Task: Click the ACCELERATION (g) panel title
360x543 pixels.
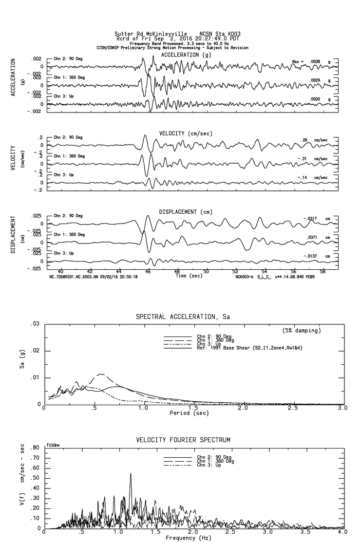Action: (187, 55)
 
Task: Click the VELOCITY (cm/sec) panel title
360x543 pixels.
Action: (186, 133)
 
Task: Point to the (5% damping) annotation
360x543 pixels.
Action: (302, 331)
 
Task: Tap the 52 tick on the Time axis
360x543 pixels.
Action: (235, 272)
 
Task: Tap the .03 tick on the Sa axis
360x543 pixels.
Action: (35, 324)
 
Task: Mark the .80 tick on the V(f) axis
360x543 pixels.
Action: (35, 448)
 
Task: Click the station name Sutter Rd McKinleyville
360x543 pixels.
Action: (151, 34)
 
